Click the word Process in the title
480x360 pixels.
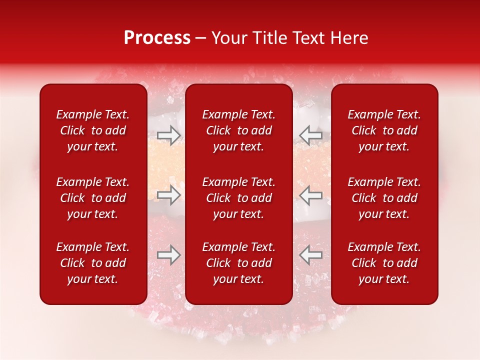tap(157, 38)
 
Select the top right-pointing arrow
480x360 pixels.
tap(168, 134)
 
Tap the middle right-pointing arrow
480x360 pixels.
tap(168, 195)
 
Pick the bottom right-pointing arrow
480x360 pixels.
tap(168, 255)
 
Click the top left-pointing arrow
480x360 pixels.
tap(311, 134)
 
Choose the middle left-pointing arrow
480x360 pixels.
tap(311, 195)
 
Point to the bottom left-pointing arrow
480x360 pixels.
tap(311, 255)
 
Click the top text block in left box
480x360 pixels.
tap(93, 130)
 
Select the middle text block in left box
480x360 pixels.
tap(93, 198)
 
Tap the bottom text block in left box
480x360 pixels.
tap(93, 263)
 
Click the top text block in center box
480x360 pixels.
tap(238, 130)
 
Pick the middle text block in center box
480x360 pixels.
tap(238, 198)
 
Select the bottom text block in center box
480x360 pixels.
tap(238, 263)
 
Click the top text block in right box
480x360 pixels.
tap(384, 130)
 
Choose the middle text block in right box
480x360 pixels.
tap(384, 198)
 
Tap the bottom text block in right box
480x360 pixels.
tap(384, 263)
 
